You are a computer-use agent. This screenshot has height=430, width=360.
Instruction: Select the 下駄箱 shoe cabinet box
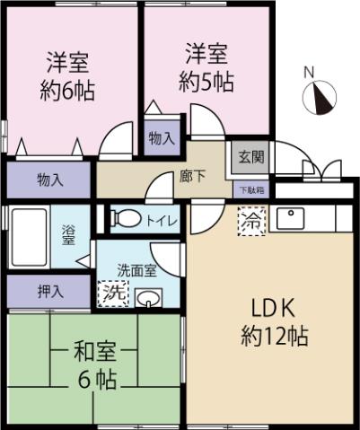[x=251, y=189]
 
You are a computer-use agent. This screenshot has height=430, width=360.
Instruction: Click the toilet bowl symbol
[x=125, y=217]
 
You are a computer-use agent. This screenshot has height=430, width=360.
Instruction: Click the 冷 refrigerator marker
[x=251, y=219]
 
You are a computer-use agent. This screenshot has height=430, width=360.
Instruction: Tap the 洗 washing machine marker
[x=112, y=293]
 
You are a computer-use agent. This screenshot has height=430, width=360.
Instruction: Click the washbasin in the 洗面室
[x=148, y=297]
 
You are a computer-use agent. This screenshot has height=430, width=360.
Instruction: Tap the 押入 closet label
[x=50, y=291]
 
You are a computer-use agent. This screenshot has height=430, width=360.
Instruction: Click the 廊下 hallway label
[x=193, y=176]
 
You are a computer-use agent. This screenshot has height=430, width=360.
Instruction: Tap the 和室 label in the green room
[x=93, y=350]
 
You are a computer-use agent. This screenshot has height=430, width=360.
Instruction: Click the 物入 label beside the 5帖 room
[x=162, y=138]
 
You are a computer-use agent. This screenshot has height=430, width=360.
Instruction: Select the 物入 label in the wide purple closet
[x=50, y=180]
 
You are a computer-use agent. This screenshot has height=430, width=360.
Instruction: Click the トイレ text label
[x=162, y=219]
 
